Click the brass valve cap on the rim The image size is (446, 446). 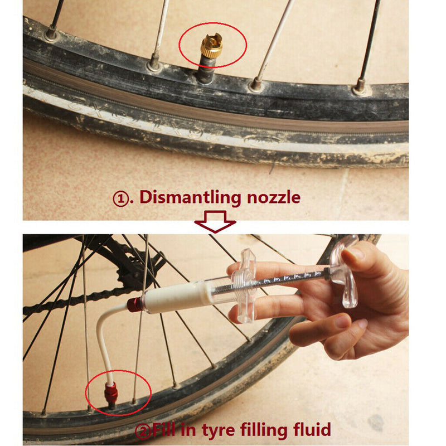211,45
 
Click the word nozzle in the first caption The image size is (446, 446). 274,197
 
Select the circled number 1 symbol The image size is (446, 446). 121,198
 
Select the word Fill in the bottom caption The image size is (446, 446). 164,429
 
